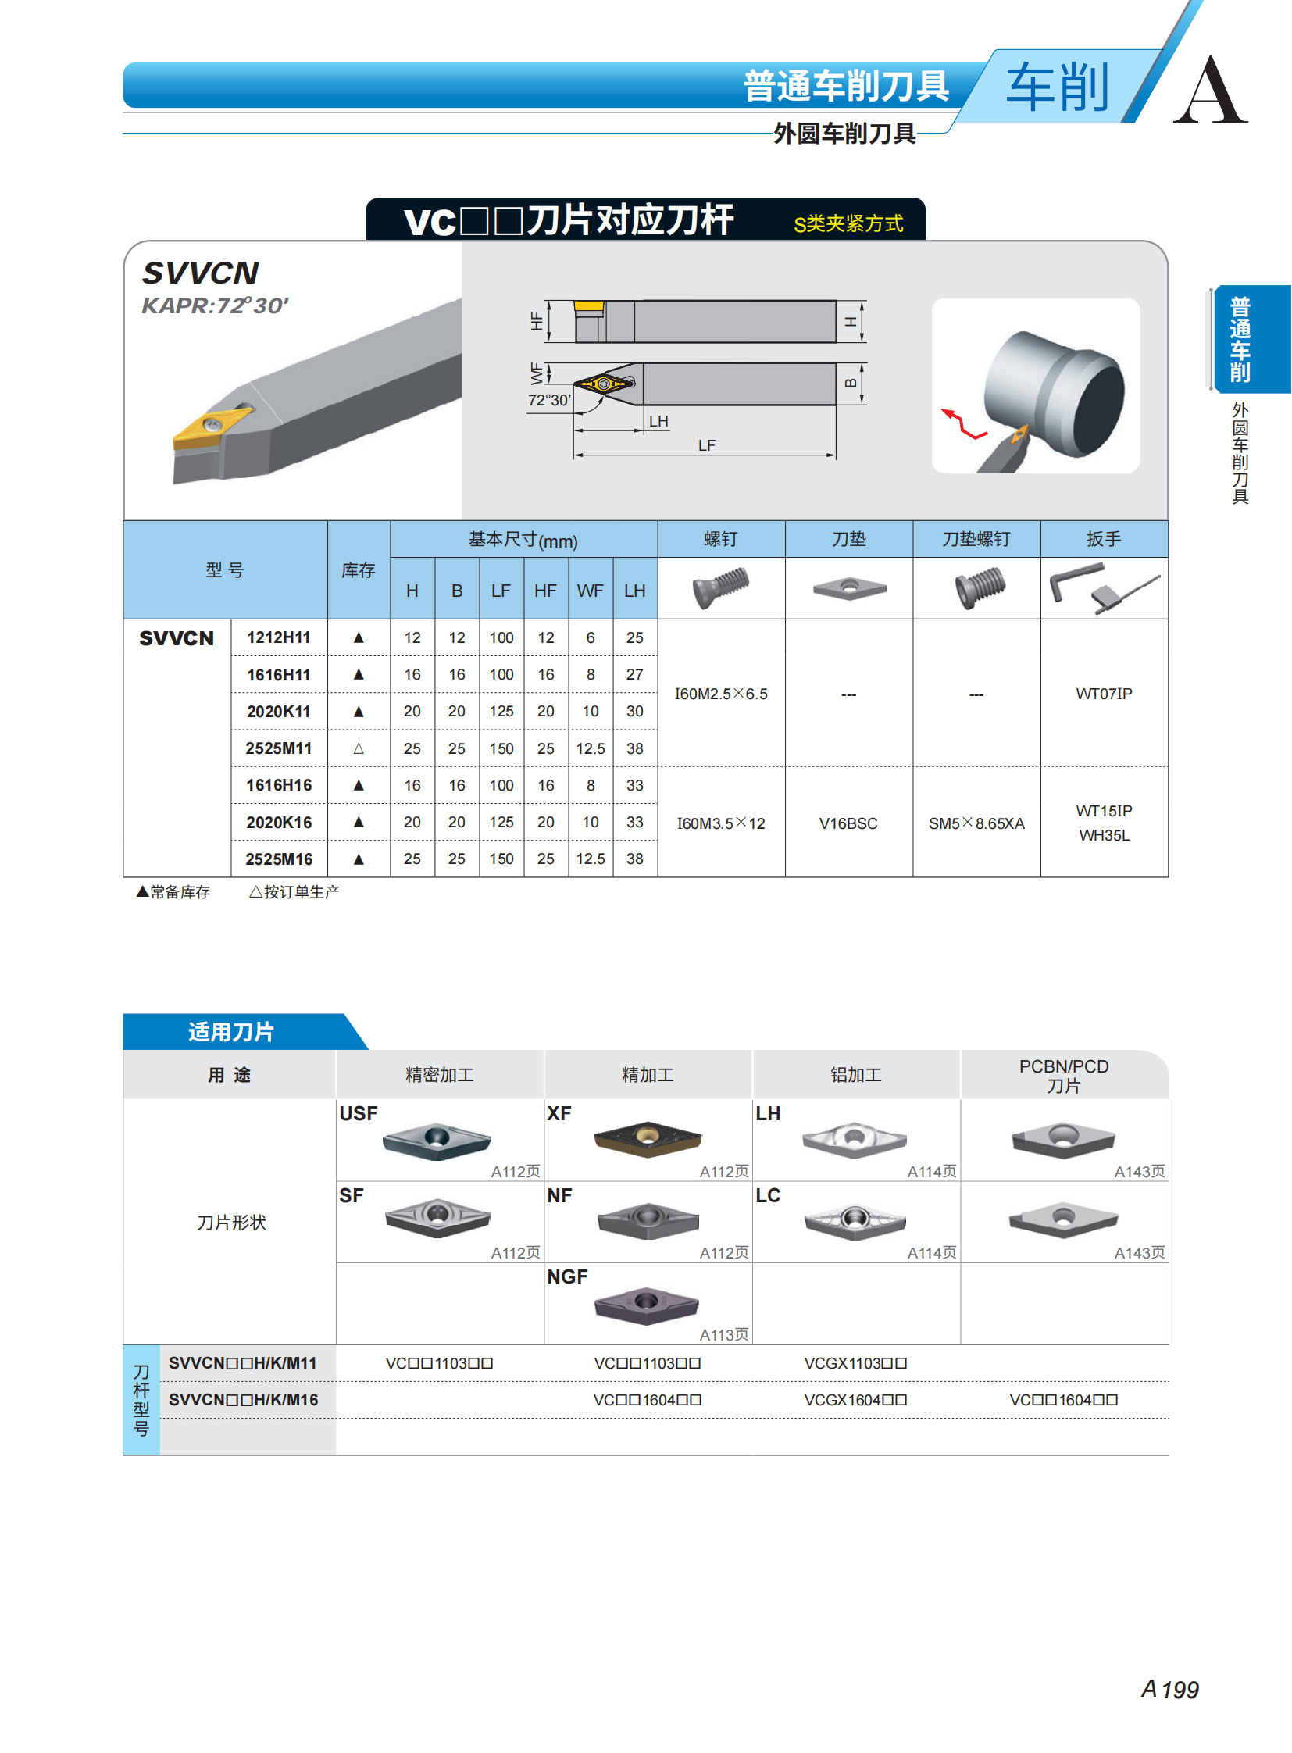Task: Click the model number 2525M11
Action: (x=278, y=748)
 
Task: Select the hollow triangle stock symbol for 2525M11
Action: (x=359, y=748)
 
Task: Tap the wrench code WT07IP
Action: (x=1104, y=694)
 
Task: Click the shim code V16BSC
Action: (x=848, y=823)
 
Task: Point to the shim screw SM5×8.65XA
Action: (x=976, y=823)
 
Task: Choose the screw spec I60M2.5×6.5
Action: (x=721, y=694)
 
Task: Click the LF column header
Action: (x=501, y=591)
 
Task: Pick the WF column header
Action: (x=590, y=591)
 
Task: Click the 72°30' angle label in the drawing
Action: (x=549, y=401)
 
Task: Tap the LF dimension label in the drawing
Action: (x=706, y=445)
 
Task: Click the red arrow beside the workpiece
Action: (x=964, y=424)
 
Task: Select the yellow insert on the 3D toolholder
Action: (x=210, y=427)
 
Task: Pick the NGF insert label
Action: (x=567, y=1276)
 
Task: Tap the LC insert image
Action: (x=855, y=1221)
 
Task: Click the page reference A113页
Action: (x=723, y=1334)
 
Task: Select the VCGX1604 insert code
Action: (x=855, y=1399)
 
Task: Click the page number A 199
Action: (x=1169, y=1690)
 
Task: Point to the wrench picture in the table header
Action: (x=1105, y=588)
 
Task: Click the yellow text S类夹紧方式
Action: (x=848, y=223)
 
